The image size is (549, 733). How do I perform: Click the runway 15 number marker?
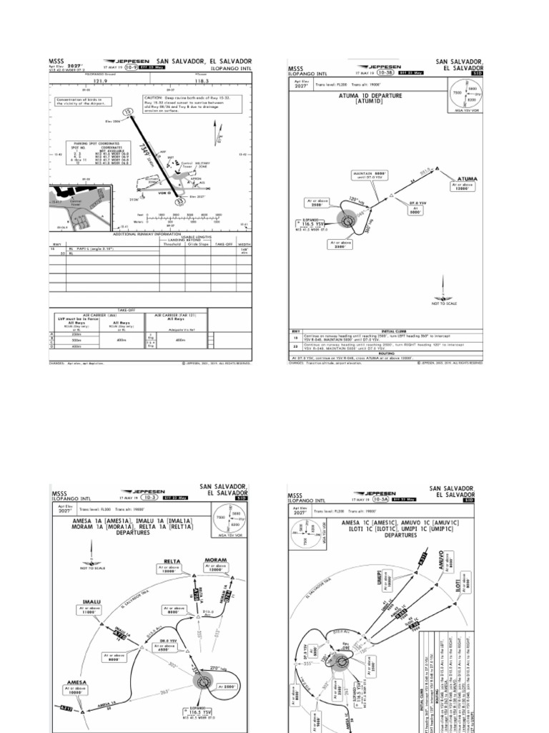point(127,113)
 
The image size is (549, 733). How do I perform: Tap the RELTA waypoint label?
point(172,561)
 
